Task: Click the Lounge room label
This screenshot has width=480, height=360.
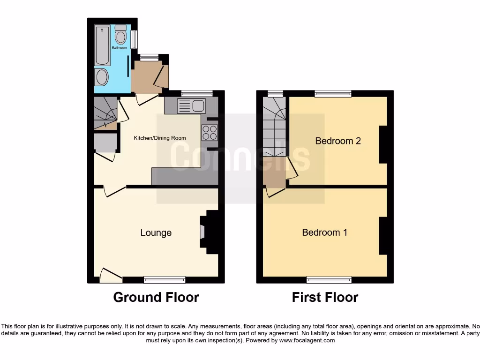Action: (156, 232)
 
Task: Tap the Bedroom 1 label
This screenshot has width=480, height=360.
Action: (324, 232)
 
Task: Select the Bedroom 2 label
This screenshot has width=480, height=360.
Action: (338, 141)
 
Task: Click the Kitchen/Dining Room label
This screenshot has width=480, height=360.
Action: (160, 138)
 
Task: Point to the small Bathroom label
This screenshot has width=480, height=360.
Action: (119, 48)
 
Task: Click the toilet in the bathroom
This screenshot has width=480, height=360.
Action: (120, 35)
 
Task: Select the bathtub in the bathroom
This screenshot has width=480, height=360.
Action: (102, 46)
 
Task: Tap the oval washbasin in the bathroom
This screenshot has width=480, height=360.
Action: (102, 77)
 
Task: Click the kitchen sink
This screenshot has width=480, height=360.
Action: (192, 105)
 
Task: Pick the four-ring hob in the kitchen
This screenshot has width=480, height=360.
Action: (210, 133)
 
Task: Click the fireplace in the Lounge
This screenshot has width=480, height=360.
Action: (203, 232)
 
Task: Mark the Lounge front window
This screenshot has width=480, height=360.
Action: (165, 280)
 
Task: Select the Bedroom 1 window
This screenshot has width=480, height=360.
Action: (329, 280)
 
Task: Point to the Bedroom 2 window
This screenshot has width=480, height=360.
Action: (333, 94)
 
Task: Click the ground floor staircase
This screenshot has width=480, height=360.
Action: (105, 112)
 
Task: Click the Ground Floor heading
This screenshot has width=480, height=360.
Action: (156, 297)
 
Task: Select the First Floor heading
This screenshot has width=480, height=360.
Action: (325, 297)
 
